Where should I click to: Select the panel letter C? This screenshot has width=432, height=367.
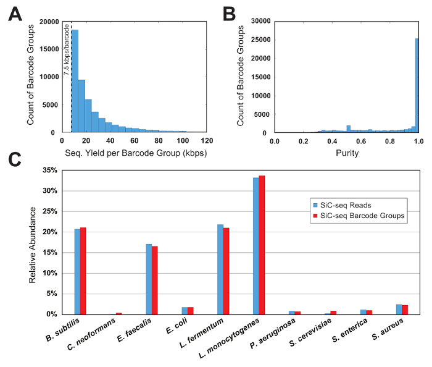[x=15, y=159]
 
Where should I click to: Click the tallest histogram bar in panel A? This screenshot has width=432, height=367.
[x=75, y=80]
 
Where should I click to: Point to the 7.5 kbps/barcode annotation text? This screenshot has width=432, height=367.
[x=67, y=49]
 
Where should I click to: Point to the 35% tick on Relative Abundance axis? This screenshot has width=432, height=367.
[x=49, y=170]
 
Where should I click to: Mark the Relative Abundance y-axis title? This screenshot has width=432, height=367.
[x=33, y=242]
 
